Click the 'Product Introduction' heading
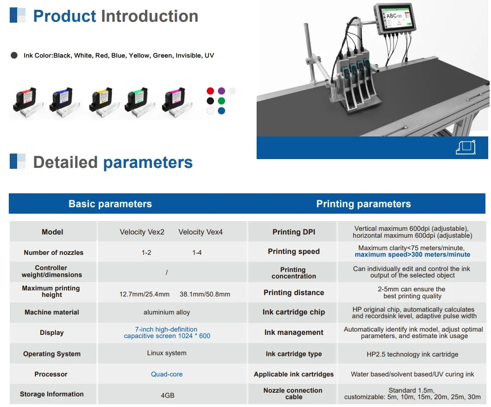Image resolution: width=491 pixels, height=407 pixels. click(x=115, y=16)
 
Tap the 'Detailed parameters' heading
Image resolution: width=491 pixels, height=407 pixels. click(x=113, y=162)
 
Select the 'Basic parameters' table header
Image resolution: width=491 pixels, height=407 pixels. click(x=110, y=204)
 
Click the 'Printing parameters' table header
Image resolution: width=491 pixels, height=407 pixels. click(x=363, y=204)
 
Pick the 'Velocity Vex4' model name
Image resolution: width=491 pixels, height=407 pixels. click(x=201, y=232)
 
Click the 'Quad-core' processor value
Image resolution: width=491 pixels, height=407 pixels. click(x=167, y=374)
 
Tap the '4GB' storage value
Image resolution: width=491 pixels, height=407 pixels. click(x=167, y=395)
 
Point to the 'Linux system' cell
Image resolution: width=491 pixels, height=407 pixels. click(x=167, y=353)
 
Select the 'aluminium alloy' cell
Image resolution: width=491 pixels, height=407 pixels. click(x=167, y=312)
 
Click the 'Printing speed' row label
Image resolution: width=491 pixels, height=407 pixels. click(x=294, y=252)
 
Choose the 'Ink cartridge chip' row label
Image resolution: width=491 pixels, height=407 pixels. click(x=294, y=312)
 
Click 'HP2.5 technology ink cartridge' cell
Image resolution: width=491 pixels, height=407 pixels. click(x=412, y=354)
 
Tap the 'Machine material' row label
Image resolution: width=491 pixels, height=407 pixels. click(x=52, y=312)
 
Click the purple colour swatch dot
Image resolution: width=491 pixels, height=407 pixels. click(x=221, y=91)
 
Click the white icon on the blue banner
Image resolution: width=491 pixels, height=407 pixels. click(x=466, y=147)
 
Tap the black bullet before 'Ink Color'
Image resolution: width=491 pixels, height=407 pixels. click(x=14, y=55)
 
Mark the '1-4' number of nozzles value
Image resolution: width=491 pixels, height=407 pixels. click(x=197, y=253)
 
